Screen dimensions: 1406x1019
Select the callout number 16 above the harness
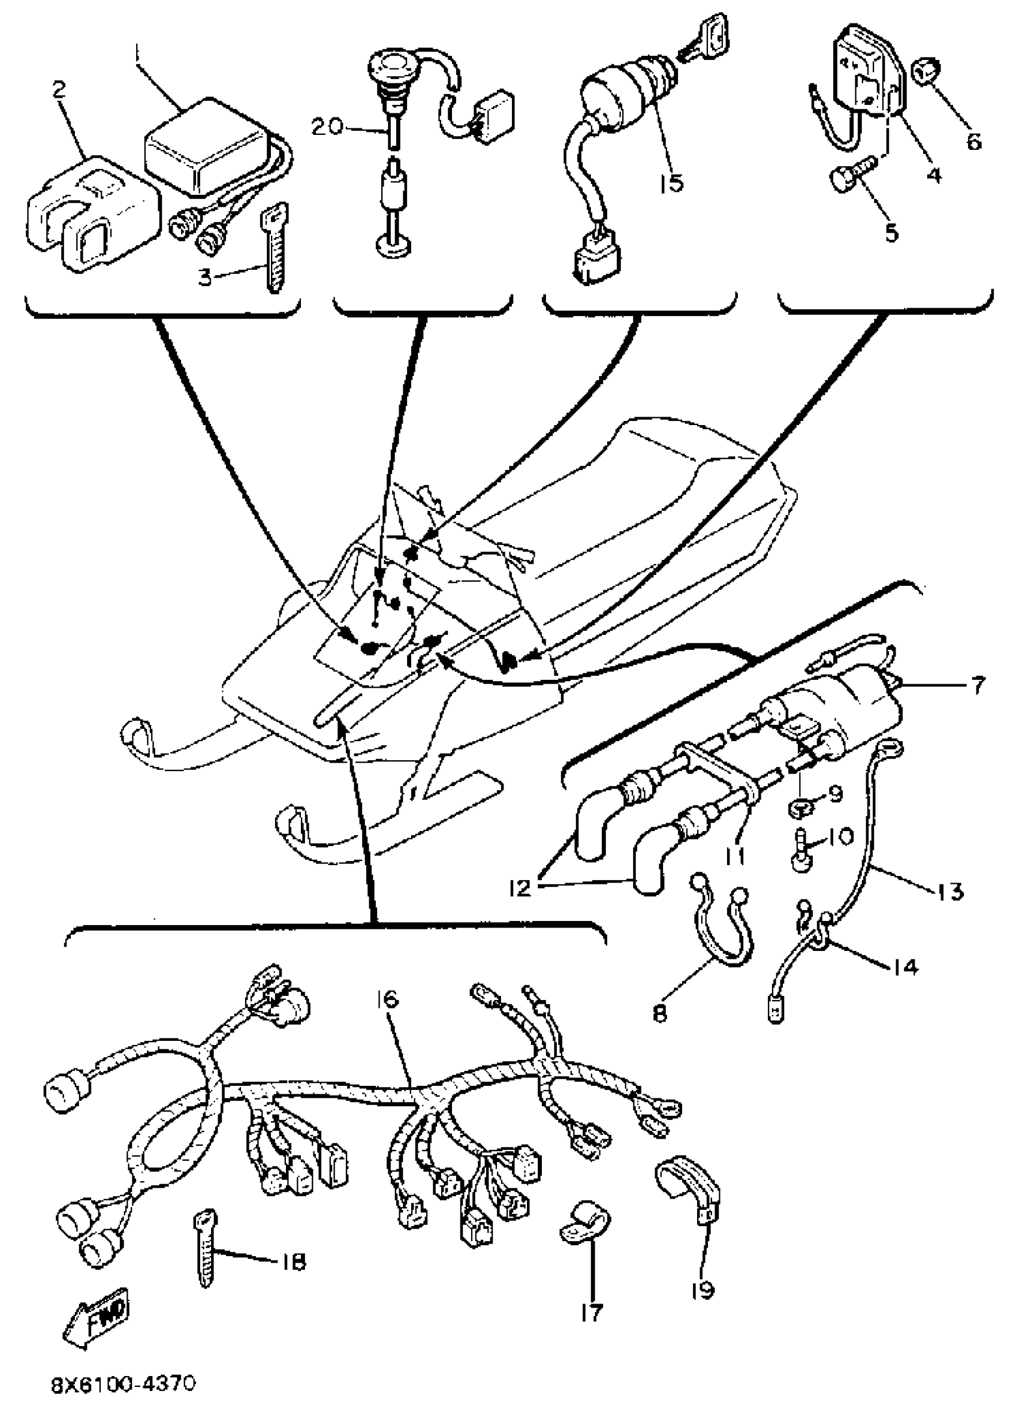coord(387,1000)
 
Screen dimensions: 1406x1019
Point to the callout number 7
coord(978,687)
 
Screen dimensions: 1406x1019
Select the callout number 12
coord(521,889)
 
